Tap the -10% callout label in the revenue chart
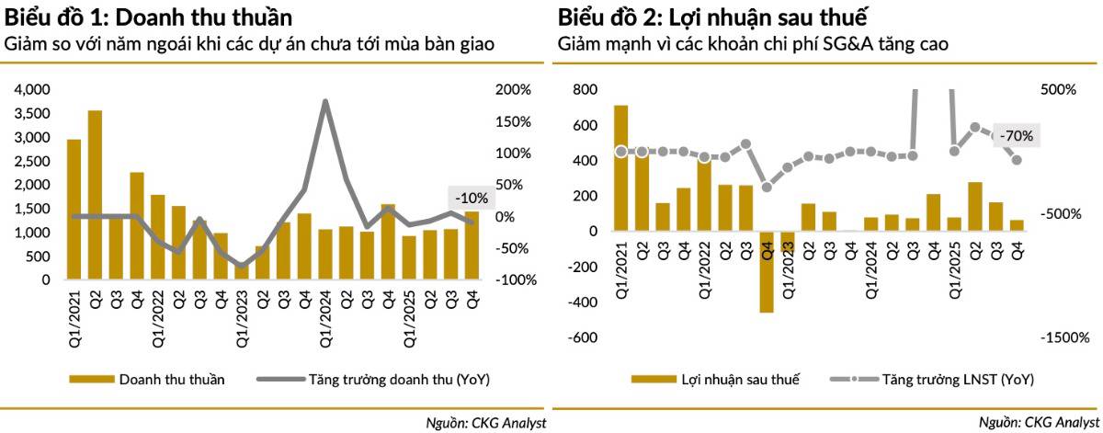(472, 198)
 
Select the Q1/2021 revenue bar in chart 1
(74, 210)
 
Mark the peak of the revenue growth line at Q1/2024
(325, 101)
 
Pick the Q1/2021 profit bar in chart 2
(621, 168)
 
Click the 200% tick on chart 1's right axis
(513, 90)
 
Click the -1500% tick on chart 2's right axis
(1065, 337)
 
